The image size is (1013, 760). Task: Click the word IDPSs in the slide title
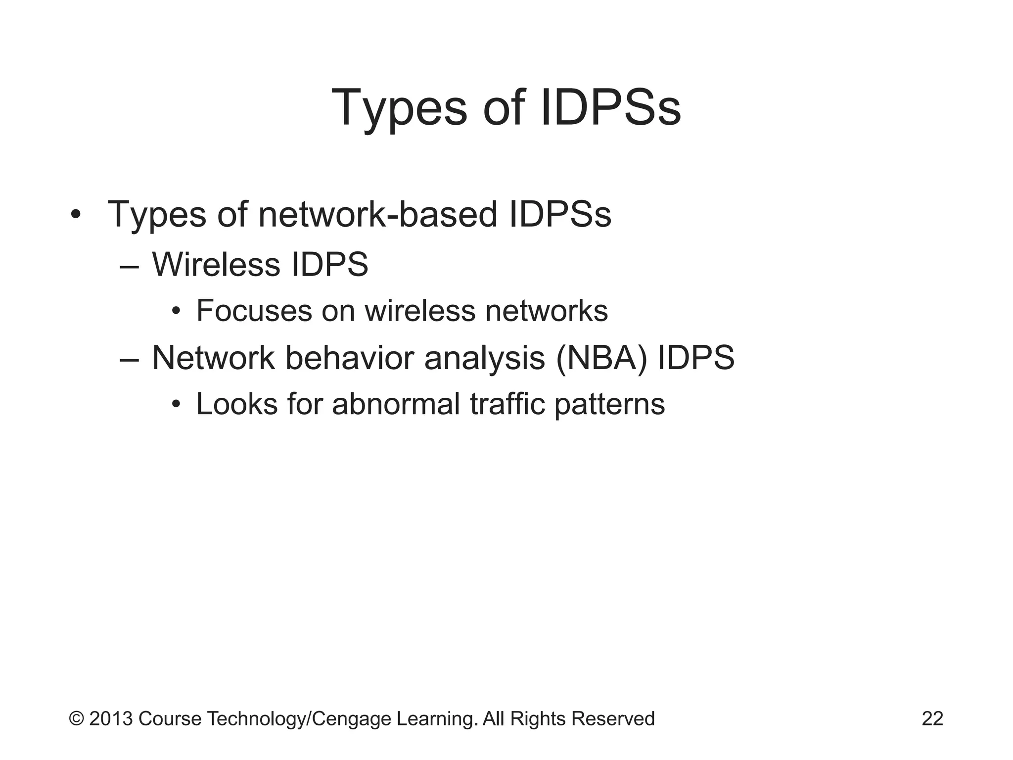[x=611, y=107]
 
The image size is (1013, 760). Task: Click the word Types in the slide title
[x=399, y=107]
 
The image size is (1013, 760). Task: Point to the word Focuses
[x=254, y=311]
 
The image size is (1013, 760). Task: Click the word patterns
[x=609, y=404]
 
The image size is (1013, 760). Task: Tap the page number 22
[x=932, y=718]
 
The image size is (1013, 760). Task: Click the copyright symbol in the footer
[x=76, y=718]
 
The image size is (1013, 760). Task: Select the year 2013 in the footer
[x=111, y=718]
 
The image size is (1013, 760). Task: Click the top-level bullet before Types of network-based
[x=75, y=215]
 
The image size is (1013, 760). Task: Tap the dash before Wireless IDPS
[x=130, y=266]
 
